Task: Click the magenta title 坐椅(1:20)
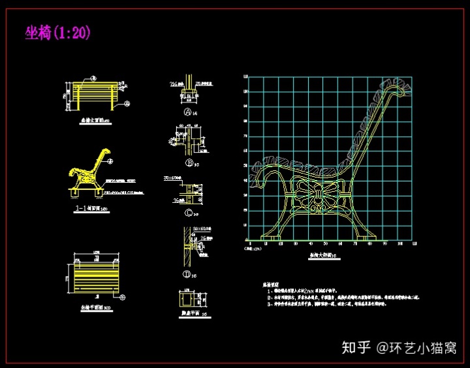pos(57,33)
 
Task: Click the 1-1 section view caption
pos(90,210)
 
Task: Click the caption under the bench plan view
pos(95,307)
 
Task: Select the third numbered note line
pos(339,305)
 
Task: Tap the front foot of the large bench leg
pos(266,234)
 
